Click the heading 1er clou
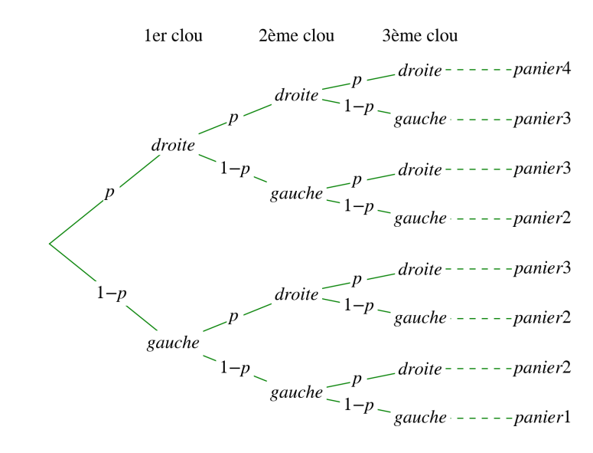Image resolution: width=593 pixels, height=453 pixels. [174, 35]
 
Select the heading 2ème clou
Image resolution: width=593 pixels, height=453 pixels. [296, 35]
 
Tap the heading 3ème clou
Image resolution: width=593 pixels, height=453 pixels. [420, 35]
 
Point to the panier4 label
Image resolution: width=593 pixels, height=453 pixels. [542, 70]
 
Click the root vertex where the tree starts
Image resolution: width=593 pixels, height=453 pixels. [50, 244]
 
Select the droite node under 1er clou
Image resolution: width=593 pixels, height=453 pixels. [174, 145]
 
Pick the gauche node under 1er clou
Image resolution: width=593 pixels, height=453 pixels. [174, 343]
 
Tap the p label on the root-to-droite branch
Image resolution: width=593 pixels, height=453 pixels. [109, 192]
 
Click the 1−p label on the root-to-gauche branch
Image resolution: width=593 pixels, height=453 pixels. [111, 294]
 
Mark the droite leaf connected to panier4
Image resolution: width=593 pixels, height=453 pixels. [420, 71]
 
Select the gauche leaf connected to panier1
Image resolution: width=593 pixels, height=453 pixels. [420, 418]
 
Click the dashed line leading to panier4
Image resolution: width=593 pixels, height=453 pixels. [478, 71]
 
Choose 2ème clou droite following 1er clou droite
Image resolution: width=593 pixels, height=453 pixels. [296, 96]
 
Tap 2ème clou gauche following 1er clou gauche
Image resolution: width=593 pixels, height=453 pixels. [296, 393]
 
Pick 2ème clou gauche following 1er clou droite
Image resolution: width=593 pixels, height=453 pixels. [296, 194]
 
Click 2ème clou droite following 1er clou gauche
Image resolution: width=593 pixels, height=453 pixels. [296, 294]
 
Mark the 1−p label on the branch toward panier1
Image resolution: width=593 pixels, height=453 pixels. [358, 405]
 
